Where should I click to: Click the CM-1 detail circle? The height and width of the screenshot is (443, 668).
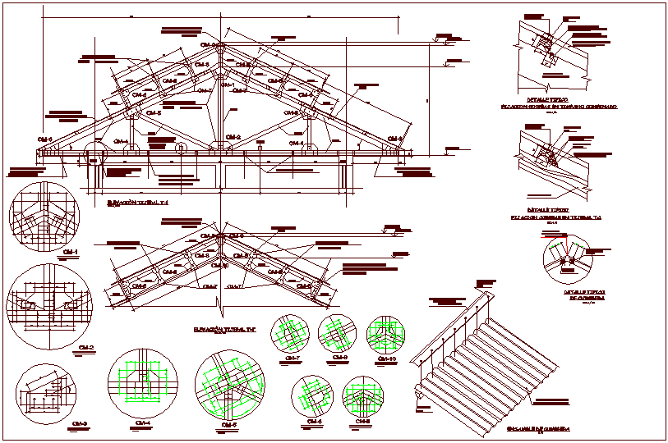click(x=44, y=216)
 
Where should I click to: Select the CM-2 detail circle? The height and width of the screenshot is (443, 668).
click(x=51, y=302)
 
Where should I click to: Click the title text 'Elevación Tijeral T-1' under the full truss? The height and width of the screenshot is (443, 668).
click(x=137, y=201)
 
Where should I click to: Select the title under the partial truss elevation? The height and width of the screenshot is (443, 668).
click(x=224, y=328)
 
